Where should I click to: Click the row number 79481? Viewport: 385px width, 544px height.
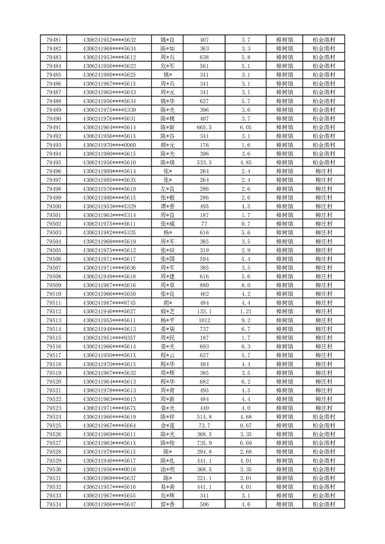pos(53,40)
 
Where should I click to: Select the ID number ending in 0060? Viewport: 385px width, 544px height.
pos(109,145)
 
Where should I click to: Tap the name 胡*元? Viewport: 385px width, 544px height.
pos(167,145)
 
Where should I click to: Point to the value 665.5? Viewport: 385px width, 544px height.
pos(204,127)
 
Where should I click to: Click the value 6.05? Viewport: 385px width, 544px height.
pos(245,127)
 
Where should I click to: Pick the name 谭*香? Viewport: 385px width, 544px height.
pos(167,206)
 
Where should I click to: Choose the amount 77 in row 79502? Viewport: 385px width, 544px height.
pos(204,224)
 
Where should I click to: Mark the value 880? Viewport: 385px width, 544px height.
pos(204,285)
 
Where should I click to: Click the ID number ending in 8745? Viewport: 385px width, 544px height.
pos(109,303)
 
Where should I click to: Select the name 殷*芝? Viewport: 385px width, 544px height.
pos(167,311)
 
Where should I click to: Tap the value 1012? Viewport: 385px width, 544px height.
pos(204,320)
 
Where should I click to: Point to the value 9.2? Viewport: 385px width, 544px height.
pos(245,320)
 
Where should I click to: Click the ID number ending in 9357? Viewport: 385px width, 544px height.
pos(109,337)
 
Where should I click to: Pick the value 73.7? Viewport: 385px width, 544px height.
pos(204,425)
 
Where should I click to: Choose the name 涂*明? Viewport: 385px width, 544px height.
pos(167,469)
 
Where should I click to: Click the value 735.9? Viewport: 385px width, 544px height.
pos(204,443)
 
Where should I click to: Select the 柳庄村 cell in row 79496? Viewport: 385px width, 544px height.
pos(323,171)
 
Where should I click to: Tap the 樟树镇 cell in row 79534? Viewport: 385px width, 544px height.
pos(285,504)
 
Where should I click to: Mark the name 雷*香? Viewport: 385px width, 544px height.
pos(167,504)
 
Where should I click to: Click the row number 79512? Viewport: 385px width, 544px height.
pos(53,311)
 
